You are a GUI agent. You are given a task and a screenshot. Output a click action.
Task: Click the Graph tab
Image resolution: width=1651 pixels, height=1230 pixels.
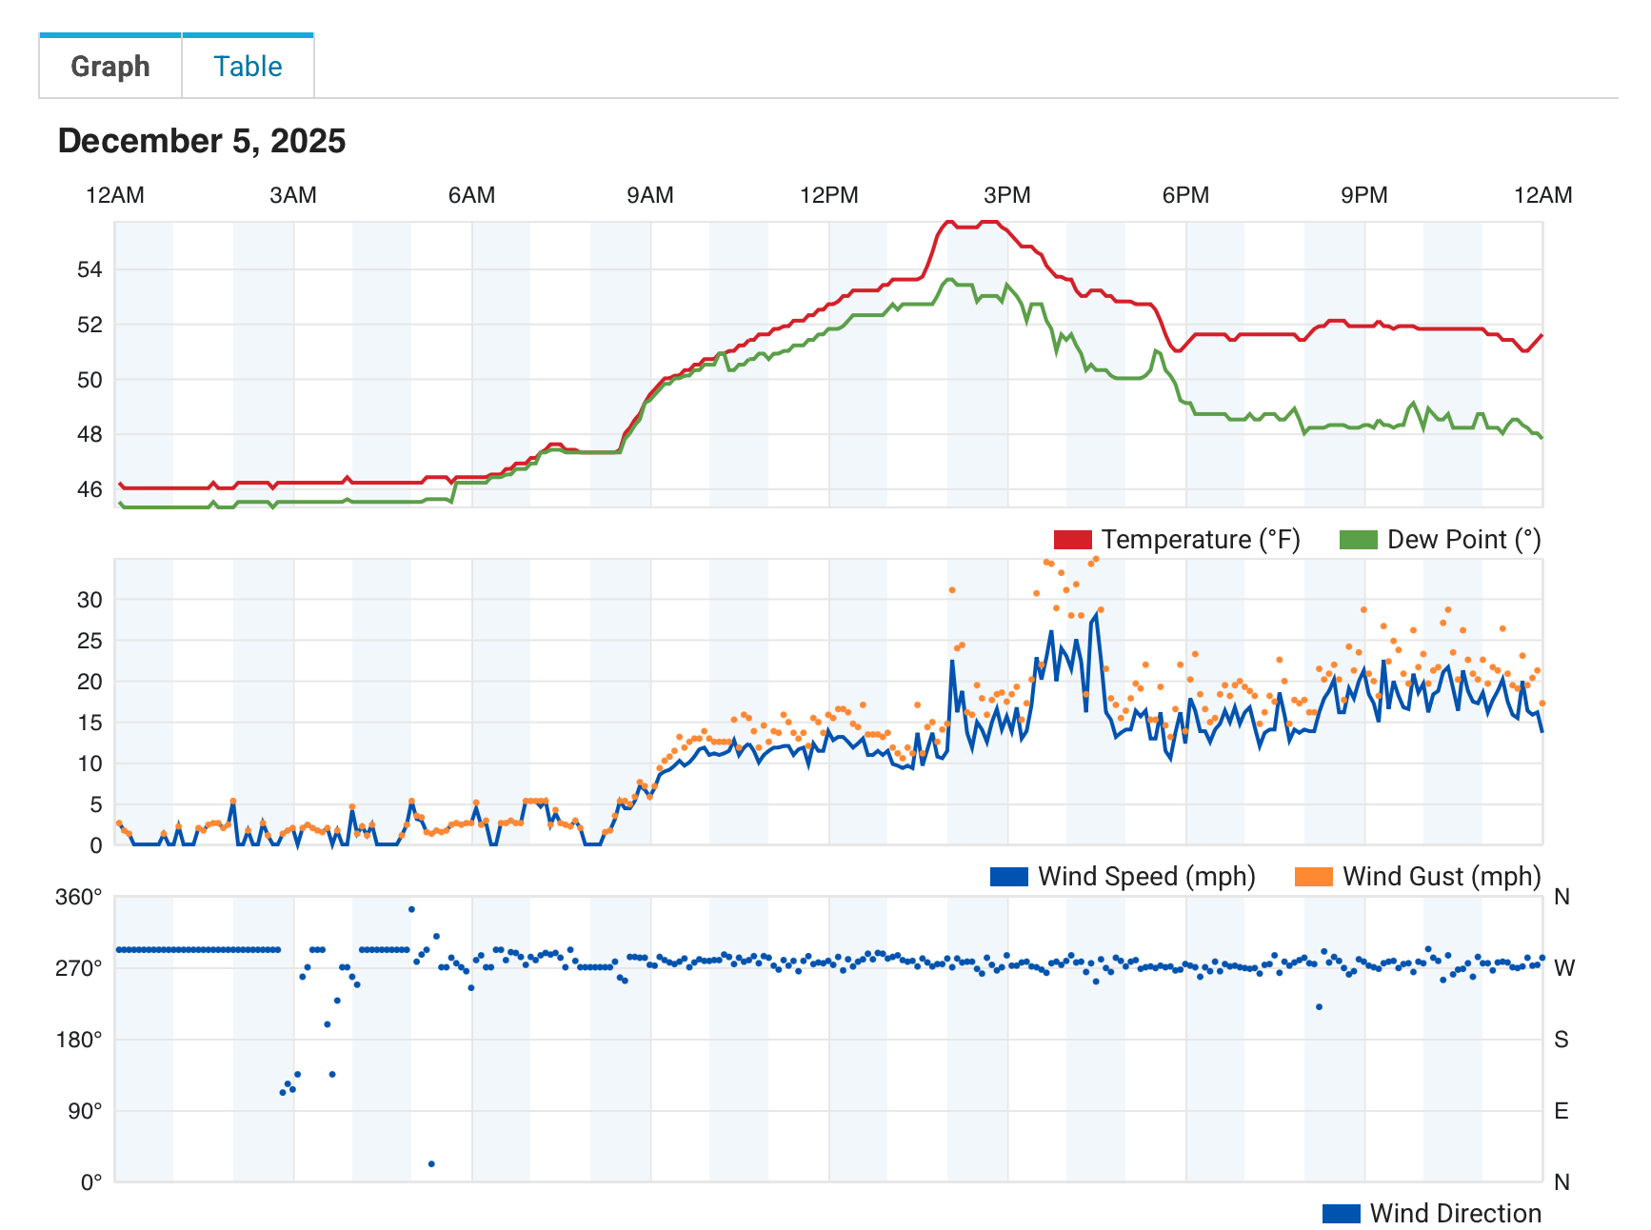[x=110, y=67]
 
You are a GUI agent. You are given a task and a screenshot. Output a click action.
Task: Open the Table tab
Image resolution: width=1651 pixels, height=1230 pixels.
[x=248, y=67]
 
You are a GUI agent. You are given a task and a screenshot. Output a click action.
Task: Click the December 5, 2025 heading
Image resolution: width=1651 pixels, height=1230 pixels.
[x=202, y=141]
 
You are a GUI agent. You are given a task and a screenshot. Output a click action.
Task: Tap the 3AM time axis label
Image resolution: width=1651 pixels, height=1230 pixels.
[x=293, y=195]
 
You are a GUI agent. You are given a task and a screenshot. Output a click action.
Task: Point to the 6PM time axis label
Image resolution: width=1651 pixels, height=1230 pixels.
[x=1185, y=195]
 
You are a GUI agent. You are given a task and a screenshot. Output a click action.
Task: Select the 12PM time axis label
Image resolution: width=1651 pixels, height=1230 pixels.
[x=828, y=195]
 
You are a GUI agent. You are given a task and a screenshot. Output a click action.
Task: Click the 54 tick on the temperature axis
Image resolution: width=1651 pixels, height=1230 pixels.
[x=90, y=269]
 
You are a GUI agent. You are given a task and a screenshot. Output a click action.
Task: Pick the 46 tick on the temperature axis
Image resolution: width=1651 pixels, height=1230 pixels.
[x=90, y=489]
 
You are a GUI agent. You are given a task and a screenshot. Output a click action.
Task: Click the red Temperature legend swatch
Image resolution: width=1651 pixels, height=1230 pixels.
[x=1072, y=540]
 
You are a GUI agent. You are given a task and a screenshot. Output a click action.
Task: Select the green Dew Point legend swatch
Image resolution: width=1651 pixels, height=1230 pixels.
[x=1358, y=540]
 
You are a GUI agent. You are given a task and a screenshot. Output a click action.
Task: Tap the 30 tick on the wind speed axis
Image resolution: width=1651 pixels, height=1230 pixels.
[x=90, y=600]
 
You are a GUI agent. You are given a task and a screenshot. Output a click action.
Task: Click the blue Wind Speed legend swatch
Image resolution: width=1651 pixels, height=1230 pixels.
[x=1008, y=877]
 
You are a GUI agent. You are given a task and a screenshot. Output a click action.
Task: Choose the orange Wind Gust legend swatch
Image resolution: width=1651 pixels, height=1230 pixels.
[x=1313, y=877]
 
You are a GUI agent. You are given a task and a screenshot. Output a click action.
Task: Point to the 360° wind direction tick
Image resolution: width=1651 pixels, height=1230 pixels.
[x=79, y=897]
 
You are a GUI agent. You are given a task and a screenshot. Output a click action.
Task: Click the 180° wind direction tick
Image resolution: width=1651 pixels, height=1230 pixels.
[x=79, y=1040]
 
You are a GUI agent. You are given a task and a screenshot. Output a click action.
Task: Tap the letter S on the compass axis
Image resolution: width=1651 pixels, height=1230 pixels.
[x=1561, y=1040]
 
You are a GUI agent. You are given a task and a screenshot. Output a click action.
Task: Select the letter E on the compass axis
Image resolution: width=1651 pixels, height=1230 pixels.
[x=1561, y=1111]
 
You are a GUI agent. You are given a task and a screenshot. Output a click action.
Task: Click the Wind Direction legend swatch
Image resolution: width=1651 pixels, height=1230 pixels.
[x=1341, y=1214]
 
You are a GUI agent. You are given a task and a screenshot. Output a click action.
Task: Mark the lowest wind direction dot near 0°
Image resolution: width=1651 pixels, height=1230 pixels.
[x=431, y=1164]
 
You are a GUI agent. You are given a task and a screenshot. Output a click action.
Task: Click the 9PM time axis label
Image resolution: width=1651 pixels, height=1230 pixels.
[x=1363, y=195]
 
